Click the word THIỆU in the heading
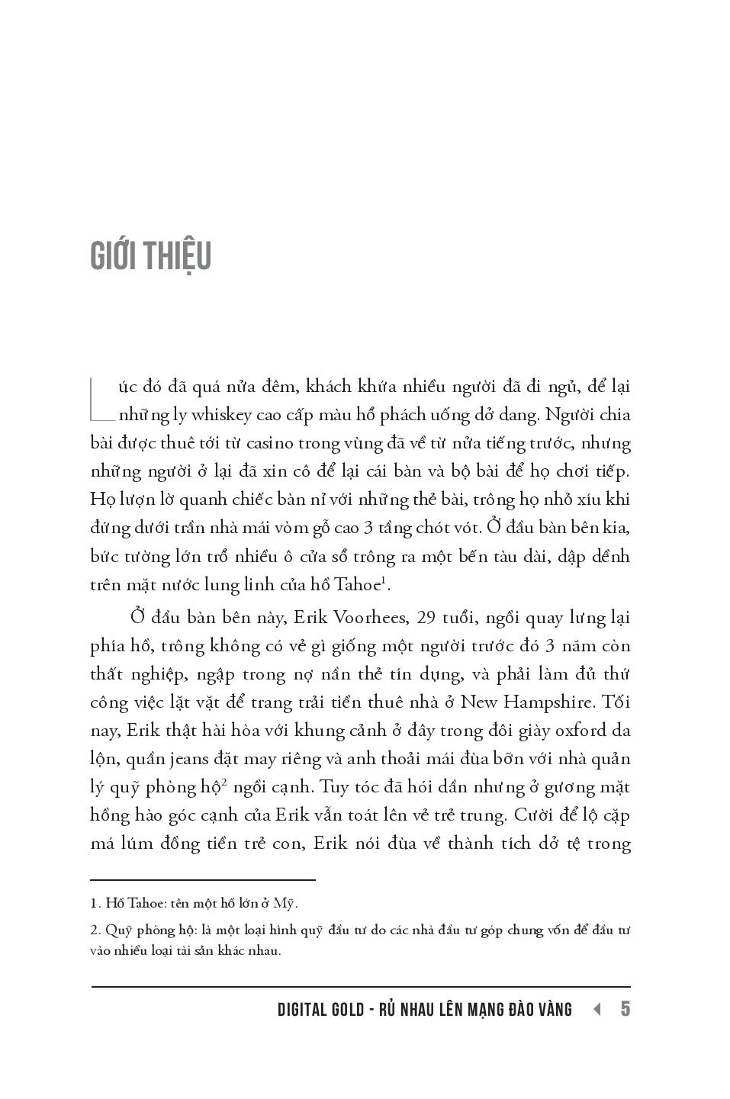[x=175, y=256]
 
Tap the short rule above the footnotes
[x=203, y=879]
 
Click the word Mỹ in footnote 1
[x=283, y=904]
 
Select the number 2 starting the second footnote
[x=95, y=930]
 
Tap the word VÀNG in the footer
[x=555, y=1010]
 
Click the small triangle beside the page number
[x=597, y=1009]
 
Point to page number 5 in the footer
[x=625, y=1009]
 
